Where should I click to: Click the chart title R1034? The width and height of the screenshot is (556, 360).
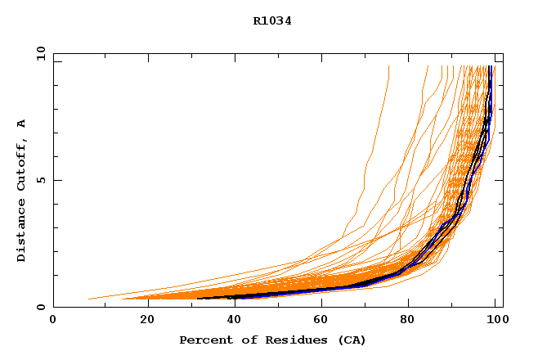pos(272,21)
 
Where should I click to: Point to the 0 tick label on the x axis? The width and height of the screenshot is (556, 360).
pos(53,322)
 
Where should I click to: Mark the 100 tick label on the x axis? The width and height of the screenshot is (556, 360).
pos(496,322)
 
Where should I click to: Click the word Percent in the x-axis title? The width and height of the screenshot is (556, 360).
pos(203,340)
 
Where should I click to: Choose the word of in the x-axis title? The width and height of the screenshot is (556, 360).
pos(244,340)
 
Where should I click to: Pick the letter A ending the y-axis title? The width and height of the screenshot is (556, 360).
pos(21,124)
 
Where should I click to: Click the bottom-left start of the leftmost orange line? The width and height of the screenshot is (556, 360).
pos(88,299)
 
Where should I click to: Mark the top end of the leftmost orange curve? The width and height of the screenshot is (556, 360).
pos(388,66)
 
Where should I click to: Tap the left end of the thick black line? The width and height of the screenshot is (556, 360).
pos(199,298)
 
